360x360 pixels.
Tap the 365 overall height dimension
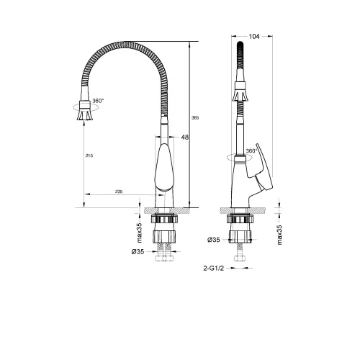coord(196,117)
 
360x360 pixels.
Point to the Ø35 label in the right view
coord(214,240)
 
